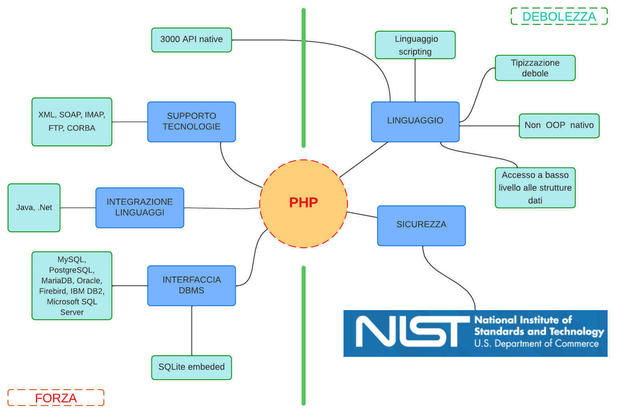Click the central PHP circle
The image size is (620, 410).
(304, 204)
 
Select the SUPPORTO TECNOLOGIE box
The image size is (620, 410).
(191, 122)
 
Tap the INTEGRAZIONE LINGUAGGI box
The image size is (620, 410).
(139, 208)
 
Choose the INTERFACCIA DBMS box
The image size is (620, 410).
(191, 286)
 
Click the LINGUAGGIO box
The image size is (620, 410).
(415, 122)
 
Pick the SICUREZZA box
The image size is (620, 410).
(421, 226)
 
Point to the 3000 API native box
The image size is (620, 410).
(191, 40)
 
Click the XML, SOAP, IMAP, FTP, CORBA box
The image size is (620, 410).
(72, 122)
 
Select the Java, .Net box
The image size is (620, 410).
(34, 208)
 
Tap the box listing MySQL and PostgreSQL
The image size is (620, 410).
(72, 286)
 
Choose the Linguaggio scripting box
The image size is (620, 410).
(415, 45)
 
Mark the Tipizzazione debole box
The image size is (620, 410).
(535, 68)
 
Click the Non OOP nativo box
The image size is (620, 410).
(559, 126)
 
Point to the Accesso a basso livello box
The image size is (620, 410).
(535, 188)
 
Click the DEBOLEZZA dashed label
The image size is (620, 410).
(559, 16)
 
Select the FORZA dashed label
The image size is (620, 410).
(56, 398)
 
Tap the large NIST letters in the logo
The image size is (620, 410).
(411, 332)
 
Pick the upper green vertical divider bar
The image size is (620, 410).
(304, 78)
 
